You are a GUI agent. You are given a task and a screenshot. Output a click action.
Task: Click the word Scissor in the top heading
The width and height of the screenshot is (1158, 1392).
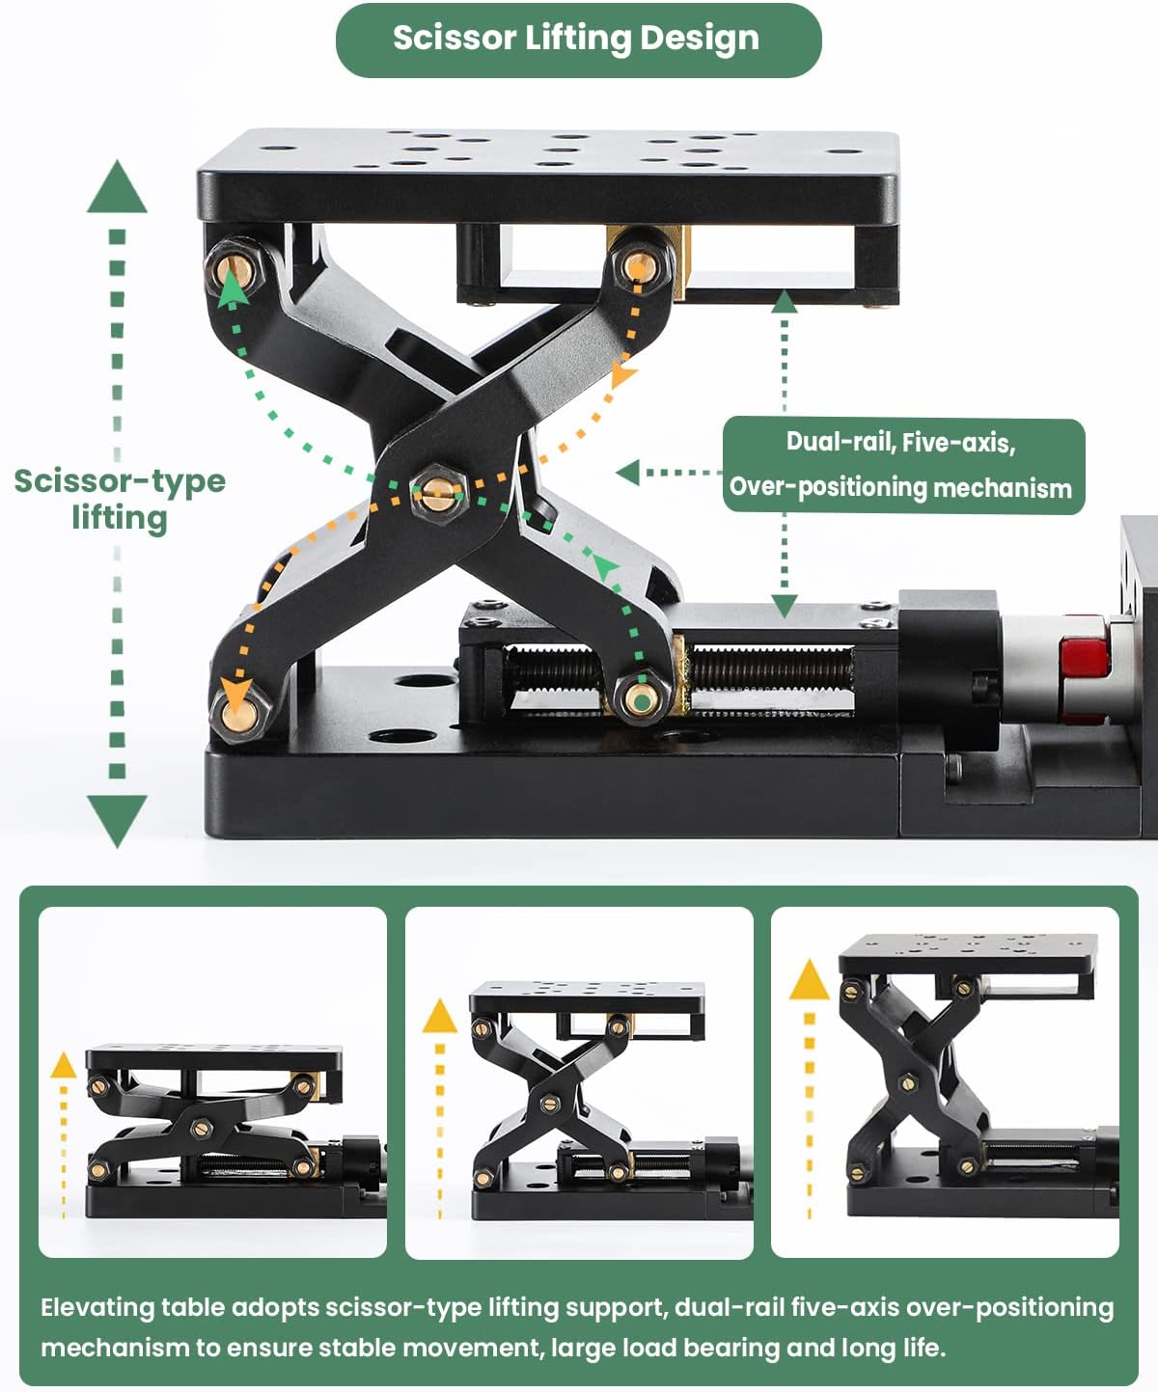pyautogui.click(x=455, y=39)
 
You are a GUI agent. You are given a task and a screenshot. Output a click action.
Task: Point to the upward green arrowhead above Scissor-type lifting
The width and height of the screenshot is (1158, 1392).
pyautogui.click(x=117, y=188)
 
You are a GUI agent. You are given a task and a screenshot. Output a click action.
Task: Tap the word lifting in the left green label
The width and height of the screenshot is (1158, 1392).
pyautogui.click(x=120, y=518)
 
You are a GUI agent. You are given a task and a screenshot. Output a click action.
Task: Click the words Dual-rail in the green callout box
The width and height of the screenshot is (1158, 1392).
pyautogui.click(x=838, y=442)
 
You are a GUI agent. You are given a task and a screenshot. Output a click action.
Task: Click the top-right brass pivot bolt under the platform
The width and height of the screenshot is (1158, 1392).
pyautogui.click(x=637, y=264)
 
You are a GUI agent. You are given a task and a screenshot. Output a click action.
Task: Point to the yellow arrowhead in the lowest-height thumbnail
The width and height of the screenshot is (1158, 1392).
pyautogui.click(x=64, y=1065)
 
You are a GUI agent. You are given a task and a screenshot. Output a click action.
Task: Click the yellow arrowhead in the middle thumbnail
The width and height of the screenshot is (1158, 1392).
pyautogui.click(x=440, y=1016)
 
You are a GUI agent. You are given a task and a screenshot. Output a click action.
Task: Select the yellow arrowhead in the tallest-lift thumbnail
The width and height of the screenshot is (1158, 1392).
pyautogui.click(x=809, y=980)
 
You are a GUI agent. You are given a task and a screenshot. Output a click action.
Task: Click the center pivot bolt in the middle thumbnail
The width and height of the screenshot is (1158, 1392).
pyautogui.click(x=551, y=1103)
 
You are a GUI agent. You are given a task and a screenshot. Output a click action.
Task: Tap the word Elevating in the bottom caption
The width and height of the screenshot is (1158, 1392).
pyautogui.click(x=96, y=1308)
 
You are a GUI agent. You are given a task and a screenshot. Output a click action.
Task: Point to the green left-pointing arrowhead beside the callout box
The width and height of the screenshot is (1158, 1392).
pyautogui.click(x=628, y=472)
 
